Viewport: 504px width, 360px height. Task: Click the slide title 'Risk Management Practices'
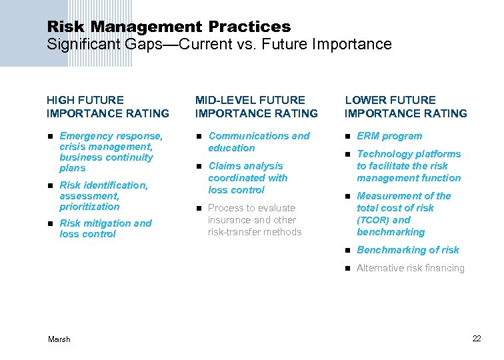(169, 27)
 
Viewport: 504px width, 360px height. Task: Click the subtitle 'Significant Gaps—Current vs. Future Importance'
(219, 45)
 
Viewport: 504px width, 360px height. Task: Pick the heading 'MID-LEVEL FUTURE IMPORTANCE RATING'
(257, 107)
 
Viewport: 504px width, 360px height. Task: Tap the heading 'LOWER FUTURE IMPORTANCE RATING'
(405, 107)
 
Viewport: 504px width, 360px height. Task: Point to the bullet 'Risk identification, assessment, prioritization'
(103, 196)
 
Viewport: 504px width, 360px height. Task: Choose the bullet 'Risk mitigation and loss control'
(105, 229)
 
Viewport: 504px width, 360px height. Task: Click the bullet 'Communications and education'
(259, 142)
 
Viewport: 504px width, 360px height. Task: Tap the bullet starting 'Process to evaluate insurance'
(255, 220)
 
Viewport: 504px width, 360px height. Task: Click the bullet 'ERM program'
(389, 136)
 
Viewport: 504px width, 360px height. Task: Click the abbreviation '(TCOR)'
(373, 220)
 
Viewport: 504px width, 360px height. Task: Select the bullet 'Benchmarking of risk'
(408, 250)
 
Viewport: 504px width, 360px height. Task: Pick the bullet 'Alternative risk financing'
(410, 268)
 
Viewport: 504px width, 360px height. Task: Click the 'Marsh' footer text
(59, 339)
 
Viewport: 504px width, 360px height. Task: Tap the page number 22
(477, 339)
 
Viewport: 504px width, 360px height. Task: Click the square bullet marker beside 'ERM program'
(347, 137)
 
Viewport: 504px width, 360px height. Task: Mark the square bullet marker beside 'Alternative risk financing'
(347, 269)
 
